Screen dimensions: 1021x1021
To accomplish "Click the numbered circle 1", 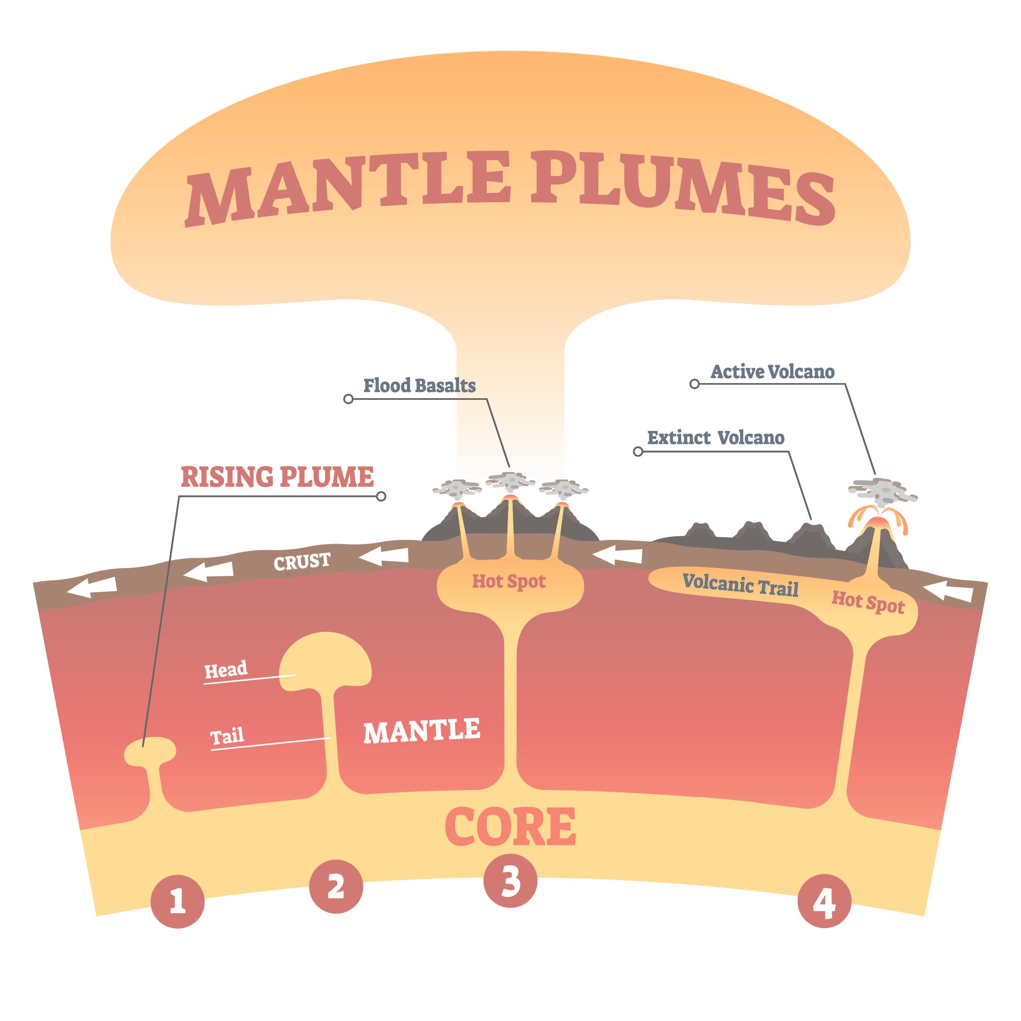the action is [178, 902].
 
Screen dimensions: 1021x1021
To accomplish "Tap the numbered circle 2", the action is [336, 886].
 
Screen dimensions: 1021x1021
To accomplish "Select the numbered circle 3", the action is [510, 881].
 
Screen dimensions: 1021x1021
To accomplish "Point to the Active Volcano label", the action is [773, 372].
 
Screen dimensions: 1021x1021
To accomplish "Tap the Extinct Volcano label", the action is [716, 437].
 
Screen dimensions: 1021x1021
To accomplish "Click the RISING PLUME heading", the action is [277, 477].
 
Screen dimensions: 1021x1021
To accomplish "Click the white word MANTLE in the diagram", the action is [422, 731].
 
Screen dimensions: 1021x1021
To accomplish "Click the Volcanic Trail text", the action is [740, 585].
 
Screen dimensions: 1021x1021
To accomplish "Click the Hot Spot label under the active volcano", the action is [868, 602].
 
